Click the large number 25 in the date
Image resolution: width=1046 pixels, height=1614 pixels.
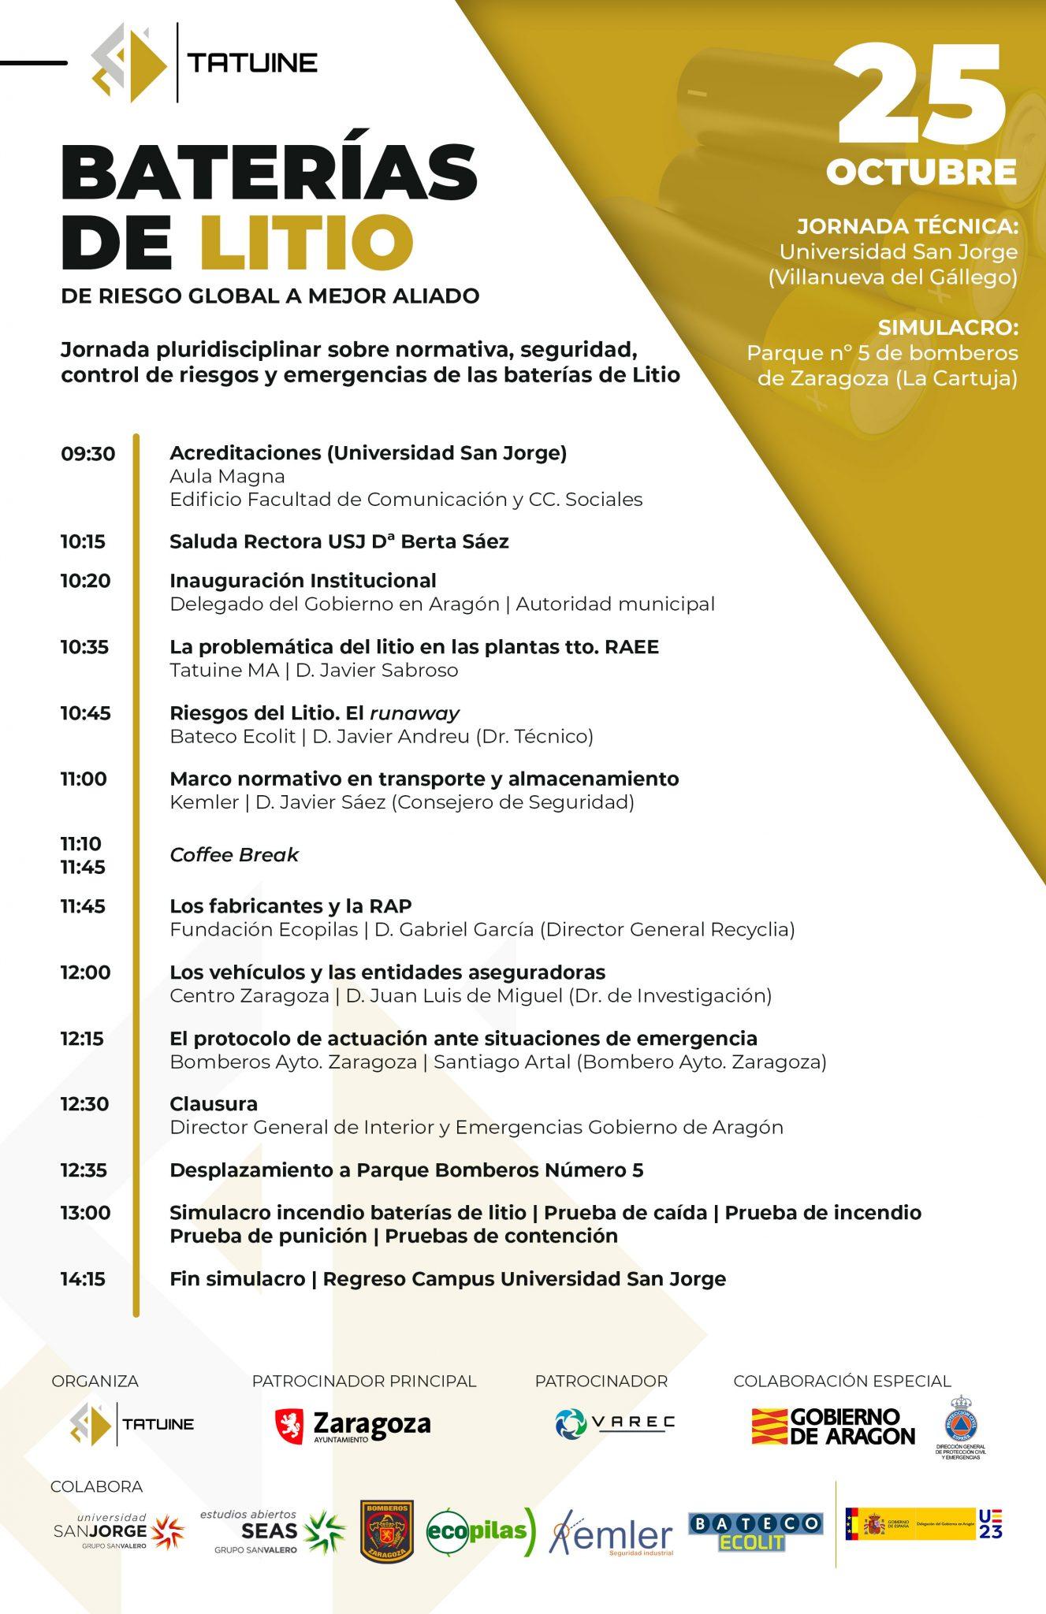pyautogui.click(x=920, y=92)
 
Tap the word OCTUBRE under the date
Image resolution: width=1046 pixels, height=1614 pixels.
pyautogui.click(x=921, y=173)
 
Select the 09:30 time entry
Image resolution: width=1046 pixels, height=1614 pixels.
pyautogui.click(x=87, y=454)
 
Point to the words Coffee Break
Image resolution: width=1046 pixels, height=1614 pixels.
pyautogui.click(x=234, y=855)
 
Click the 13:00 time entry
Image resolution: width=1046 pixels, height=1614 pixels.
pyautogui.click(x=85, y=1213)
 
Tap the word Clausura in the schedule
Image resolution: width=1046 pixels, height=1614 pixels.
pyautogui.click(x=214, y=1103)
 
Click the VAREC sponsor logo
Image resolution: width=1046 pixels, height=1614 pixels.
pyautogui.click(x=615, y=1422)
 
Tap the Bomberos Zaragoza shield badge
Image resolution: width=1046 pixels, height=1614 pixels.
pyautogui.click(x=386, y=1530)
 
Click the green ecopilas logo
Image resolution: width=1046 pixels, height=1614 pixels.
pyautogui.click(x=481, y=1530)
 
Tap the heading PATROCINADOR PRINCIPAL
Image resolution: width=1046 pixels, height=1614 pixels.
pyautogui.click(x=364, y=1381)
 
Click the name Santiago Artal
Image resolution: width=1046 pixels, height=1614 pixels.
pyautogui.click(x=502, y=1062)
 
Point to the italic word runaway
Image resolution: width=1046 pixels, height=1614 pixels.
pyautogui.click(x=414, y=713)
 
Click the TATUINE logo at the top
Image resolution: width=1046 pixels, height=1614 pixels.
pyautogui.click(x=204, y=62)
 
